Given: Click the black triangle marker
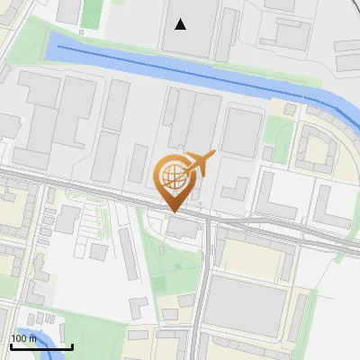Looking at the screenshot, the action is coord(181,24).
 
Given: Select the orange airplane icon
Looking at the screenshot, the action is coord(200,164).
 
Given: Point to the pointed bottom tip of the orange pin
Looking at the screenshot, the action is coord(171,211).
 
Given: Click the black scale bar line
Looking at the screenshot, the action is coord(41,347).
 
